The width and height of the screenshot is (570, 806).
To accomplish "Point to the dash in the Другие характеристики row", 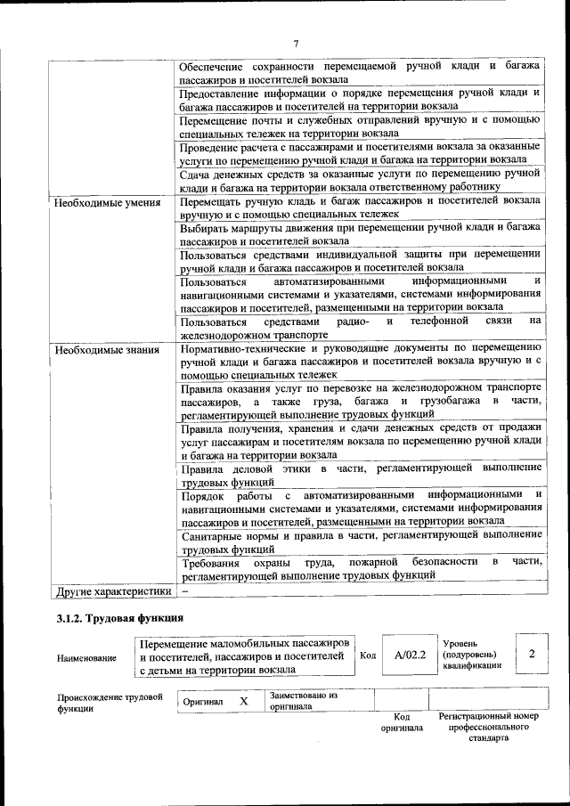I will [185, 590].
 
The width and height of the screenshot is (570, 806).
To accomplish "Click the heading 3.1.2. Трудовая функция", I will [119, 617].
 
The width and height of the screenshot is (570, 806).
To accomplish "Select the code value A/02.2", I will [411, 655].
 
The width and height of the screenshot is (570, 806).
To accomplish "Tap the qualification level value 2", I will [532, 655].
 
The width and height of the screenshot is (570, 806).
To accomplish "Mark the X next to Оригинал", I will [243, 702].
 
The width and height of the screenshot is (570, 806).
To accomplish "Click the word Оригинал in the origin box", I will [202, 702].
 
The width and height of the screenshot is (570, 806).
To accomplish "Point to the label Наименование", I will [86, 658].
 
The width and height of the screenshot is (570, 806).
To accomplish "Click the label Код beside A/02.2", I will [368, 655].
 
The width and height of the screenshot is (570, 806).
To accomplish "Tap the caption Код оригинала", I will [402, 722].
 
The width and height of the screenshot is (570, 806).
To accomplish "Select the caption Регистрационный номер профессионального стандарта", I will [488, 727].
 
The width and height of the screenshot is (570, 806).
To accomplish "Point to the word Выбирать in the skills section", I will [205, 228].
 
